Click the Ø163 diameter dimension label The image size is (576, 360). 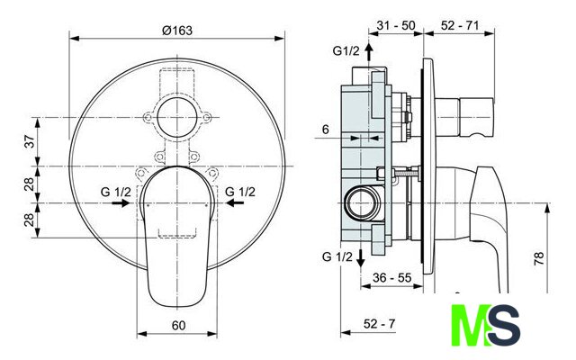(177, 30)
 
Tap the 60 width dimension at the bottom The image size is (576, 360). (178, 326)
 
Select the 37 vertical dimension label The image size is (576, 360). (30, 141)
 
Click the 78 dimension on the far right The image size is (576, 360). (538, 259)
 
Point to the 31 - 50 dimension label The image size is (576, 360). (396, 25)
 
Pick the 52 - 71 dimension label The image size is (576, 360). (460, 25)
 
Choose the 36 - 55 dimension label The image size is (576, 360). (392, 277)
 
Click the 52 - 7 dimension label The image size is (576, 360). (380, 324)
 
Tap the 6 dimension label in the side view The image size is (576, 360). (326, 130)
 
